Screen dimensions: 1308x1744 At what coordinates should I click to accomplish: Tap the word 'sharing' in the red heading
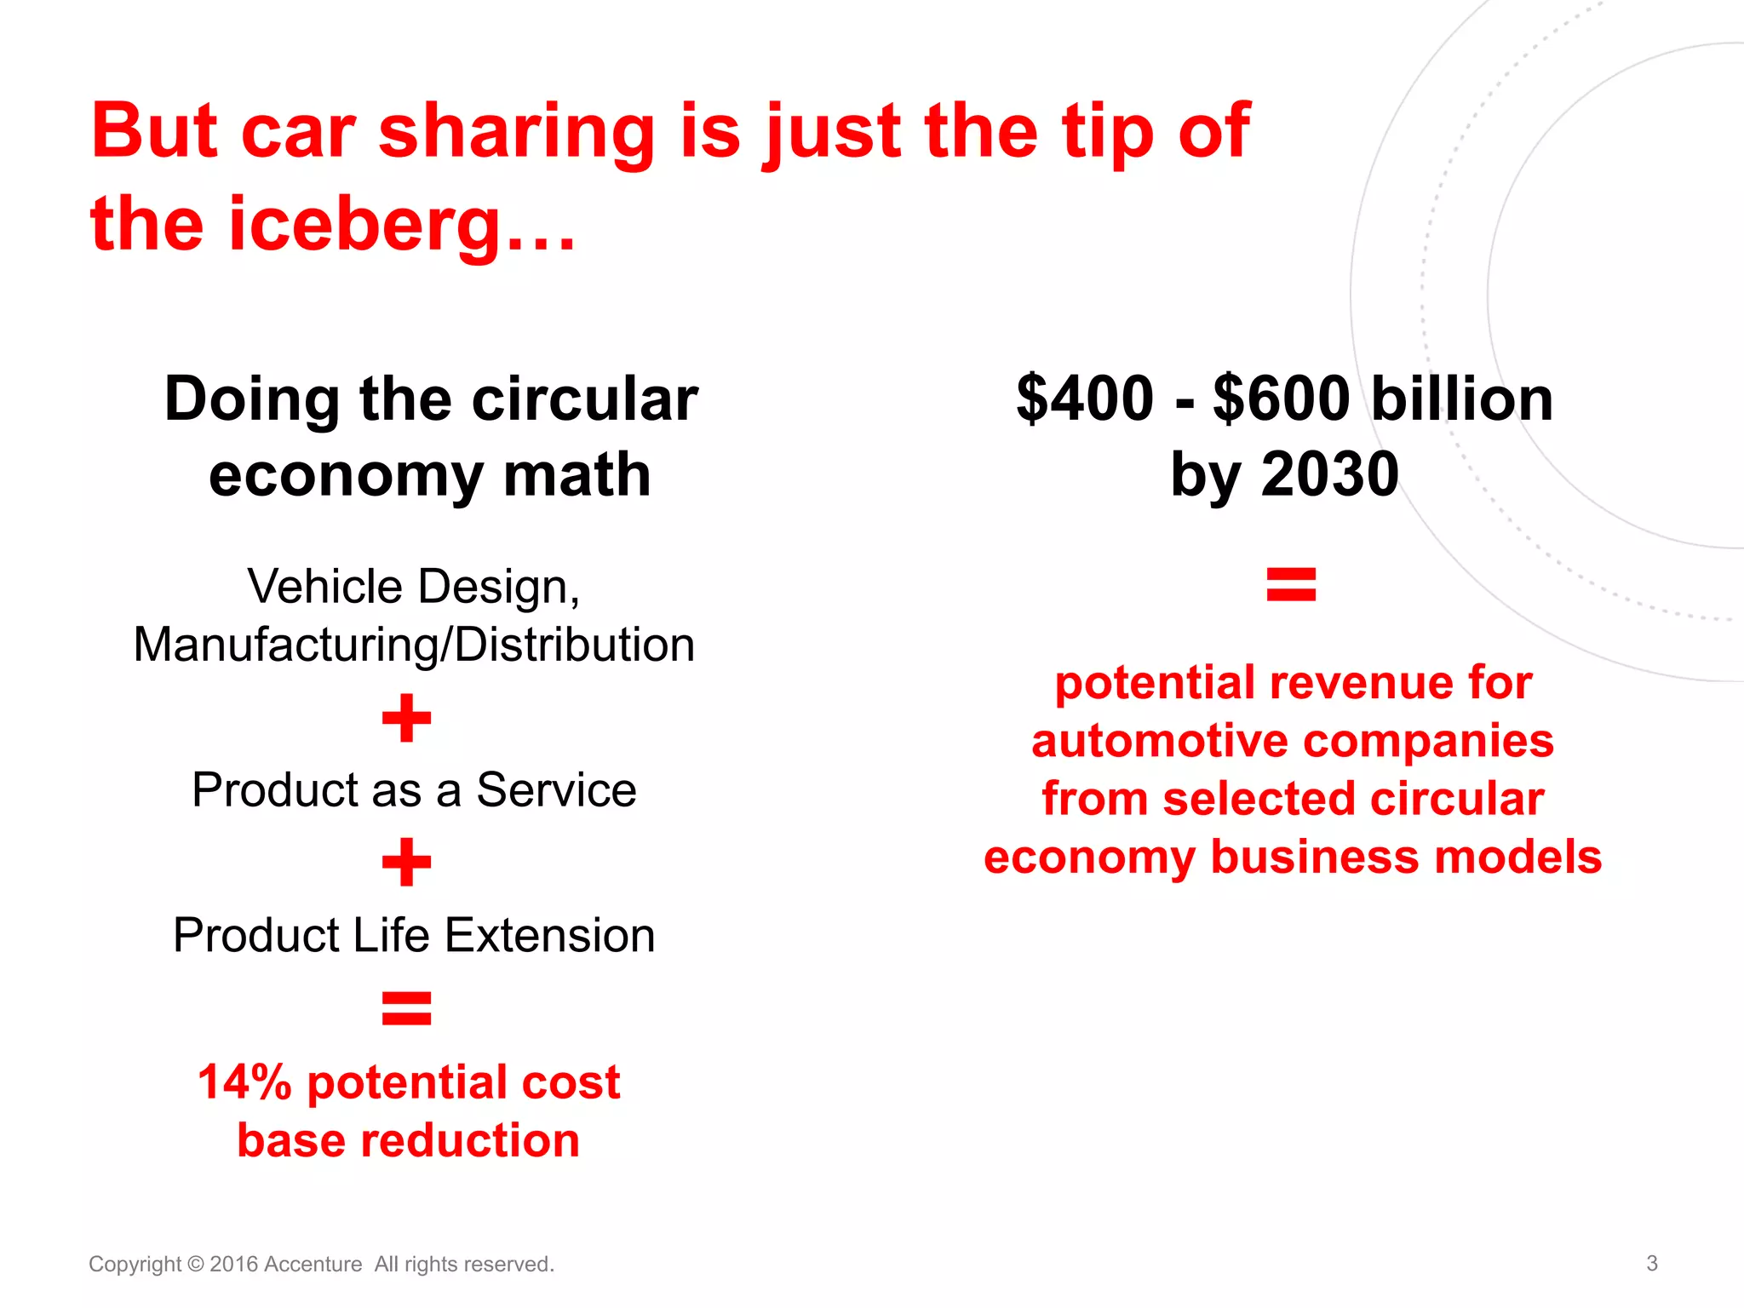pos(516,131)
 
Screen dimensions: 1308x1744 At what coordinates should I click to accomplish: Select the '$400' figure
pos(1085,399)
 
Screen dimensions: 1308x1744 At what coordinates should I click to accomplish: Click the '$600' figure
pos(1282,399)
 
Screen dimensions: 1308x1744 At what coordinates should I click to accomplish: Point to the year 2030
pos(1329,473)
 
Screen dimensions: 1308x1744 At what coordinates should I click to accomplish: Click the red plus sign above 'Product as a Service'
pos(407,718)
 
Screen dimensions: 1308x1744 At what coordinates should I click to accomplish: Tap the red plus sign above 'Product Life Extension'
pos(407,863)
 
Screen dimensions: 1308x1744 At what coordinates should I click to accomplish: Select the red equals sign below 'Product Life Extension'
pos(407,1008)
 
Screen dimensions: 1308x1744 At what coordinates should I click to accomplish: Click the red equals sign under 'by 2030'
pos(1291,585)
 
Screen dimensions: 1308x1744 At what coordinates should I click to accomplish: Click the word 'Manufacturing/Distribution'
pos(414,645)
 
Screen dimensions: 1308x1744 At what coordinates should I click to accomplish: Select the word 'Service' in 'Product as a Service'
pos(556,790)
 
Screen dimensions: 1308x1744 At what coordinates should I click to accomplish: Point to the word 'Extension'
pos(550,935)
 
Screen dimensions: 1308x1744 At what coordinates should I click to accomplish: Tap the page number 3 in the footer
pos(1651,1263)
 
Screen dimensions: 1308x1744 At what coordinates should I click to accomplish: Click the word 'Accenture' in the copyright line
pos(313,1265)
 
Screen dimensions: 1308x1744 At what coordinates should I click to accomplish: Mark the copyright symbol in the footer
pos(195,1265)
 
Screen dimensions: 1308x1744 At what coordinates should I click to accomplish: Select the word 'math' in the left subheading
pos(577,474)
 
